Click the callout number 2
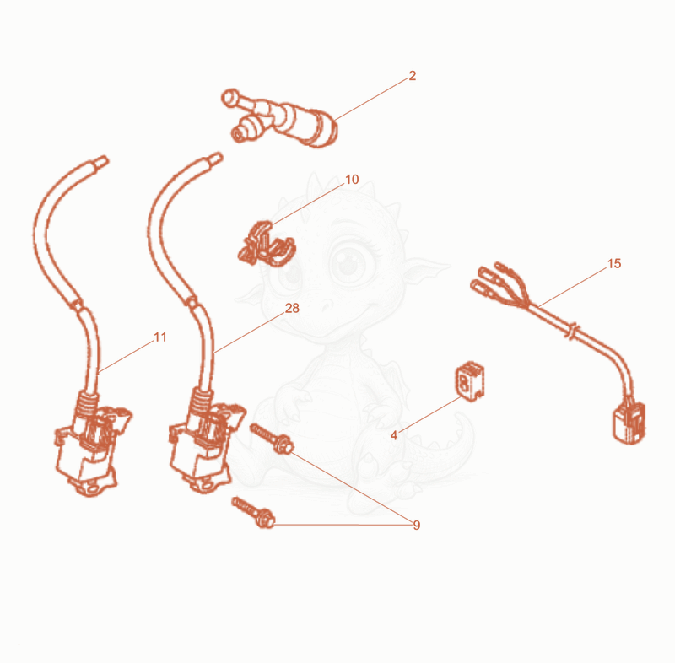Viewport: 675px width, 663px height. point(413,76)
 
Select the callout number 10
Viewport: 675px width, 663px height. point(352,180)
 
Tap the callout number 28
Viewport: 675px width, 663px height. point(292,308)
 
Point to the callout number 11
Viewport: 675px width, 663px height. point(160,337)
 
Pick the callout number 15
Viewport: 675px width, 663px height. point(614,264)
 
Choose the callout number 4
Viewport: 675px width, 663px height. point(394,435)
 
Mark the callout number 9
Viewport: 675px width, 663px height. point(416,525)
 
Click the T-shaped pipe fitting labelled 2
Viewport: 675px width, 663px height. point(280,117)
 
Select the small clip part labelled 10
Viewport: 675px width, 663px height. point(267,244)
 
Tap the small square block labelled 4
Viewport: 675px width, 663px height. point(470,381)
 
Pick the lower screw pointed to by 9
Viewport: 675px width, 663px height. point(253,512)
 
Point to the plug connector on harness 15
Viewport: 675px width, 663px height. point(629,423)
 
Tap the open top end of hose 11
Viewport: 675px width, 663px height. point(102,161)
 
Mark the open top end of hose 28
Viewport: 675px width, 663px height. point(216,158)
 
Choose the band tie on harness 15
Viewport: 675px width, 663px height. point(573,331)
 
